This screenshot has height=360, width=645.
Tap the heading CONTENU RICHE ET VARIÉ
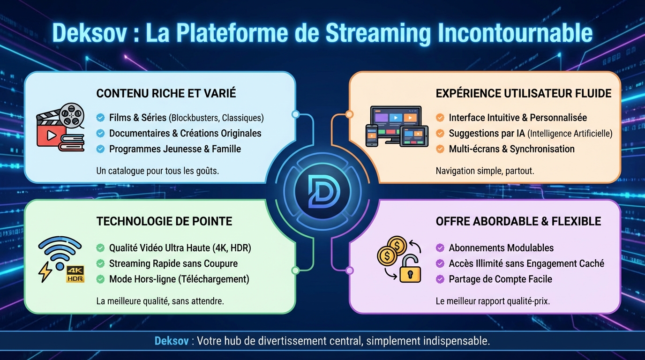point(166,93)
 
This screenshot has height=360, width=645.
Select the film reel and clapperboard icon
point(60,129)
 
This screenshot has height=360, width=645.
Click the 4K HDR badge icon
point(75,274)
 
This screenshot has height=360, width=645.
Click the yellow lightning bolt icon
point(45,272)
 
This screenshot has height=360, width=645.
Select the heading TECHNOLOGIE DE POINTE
point(164,221)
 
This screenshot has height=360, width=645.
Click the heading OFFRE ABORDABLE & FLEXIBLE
point(518,221)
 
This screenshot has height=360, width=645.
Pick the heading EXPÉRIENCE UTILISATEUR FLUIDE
point(524,93)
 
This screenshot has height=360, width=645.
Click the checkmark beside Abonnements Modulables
point(440,248)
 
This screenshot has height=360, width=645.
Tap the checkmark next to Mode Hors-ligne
point(100,279)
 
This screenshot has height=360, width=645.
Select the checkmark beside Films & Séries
point(100,118)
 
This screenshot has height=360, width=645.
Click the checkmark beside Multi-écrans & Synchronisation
point(440,149)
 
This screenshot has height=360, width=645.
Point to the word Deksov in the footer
point(172,341)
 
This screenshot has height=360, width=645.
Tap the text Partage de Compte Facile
point(500,279)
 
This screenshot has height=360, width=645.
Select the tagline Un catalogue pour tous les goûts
point(157,171)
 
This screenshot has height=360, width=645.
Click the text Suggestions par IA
point(487,134)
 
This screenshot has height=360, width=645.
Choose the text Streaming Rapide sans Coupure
point(173,263)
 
